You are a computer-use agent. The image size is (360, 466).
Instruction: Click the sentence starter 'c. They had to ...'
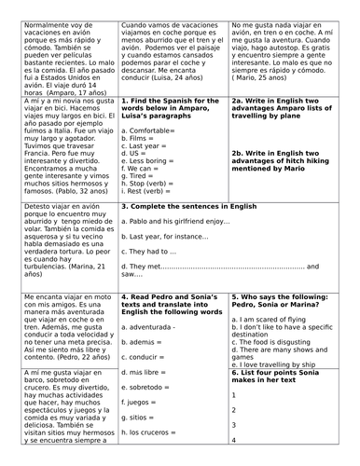pos(154,279)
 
